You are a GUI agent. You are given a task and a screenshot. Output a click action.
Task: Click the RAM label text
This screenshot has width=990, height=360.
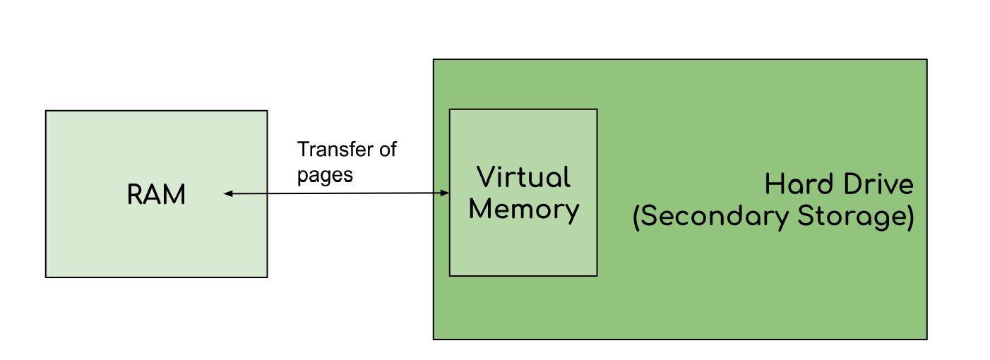coord(156,195)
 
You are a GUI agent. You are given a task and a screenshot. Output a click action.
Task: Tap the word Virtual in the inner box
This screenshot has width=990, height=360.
coord(523,177)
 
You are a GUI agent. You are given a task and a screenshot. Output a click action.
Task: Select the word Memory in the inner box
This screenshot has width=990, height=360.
coord(523,210)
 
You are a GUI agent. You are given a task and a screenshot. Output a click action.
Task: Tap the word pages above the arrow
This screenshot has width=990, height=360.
coord(325,174)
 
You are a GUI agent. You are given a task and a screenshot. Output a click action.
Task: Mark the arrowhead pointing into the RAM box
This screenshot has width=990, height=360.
coord(228,193)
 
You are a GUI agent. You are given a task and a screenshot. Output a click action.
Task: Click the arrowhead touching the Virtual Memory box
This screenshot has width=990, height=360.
coord(445,193)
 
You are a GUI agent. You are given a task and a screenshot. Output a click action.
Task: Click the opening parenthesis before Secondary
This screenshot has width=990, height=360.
coord(636,217)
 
